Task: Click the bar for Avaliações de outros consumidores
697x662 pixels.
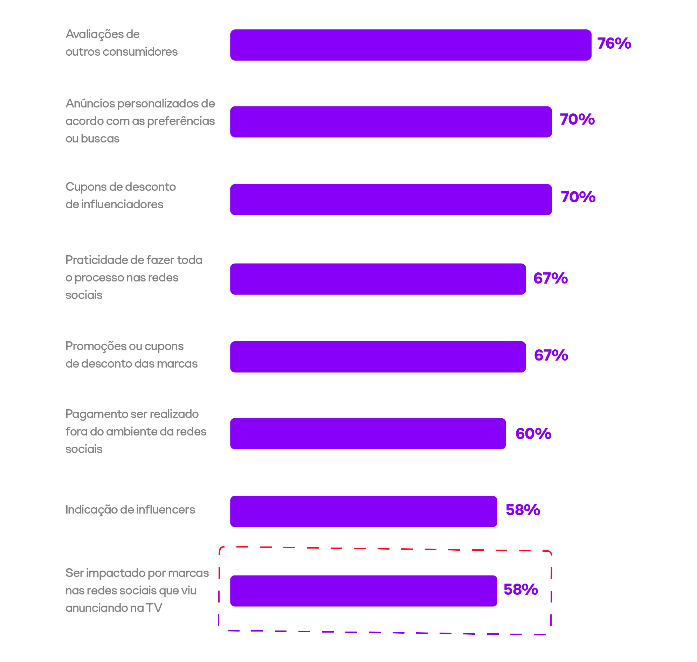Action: click(x=410, y=45)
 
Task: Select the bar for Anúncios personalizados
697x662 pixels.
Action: click(x=391, y=122)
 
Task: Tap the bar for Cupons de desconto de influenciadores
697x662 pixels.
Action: click(x=391, y=200)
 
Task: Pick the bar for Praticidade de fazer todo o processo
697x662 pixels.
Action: click(x=378, y=279)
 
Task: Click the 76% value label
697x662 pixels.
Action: click(x=614, y=43)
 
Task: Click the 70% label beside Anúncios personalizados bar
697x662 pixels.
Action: click(x=577, y=119)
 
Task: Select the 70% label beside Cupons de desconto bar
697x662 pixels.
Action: click(x=578, y=197)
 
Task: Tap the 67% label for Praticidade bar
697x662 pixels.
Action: click(x=550, y=278)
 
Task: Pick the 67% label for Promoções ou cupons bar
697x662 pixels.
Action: click(x=551, y=355)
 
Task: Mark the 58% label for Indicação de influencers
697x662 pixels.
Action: click(x=523, y=510)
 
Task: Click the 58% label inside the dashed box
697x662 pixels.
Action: click(x=520, y=589)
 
